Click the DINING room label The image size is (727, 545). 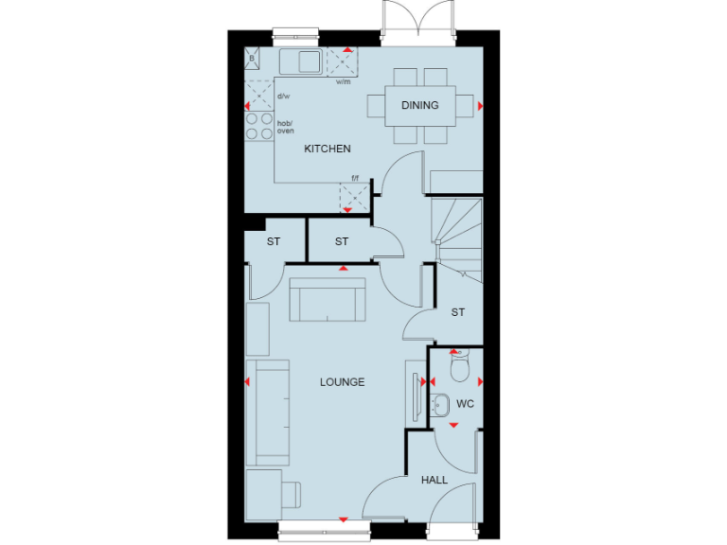pos(419,105)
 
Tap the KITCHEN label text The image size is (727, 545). pos(327,149)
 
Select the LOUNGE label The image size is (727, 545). pos(342,382)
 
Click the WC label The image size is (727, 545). pos(465,404)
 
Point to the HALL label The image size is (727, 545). pos(434,481)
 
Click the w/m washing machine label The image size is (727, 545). pos(343,82)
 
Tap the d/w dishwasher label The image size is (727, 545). pos(283,97)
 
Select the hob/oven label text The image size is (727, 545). pos(285,127)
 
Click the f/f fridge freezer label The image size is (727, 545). pos(356,178)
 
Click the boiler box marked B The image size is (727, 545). pos(252,59)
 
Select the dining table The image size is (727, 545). pos(419,105)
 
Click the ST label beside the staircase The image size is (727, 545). pos(458,312)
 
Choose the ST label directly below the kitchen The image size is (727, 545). pos(342,242)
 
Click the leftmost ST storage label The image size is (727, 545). pos(274,242)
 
